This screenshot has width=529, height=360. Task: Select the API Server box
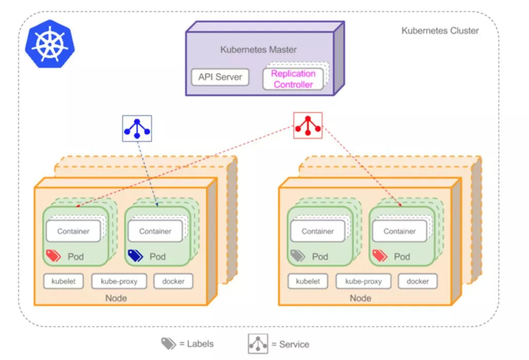[220, 77]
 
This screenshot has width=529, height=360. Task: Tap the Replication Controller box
[293, 79]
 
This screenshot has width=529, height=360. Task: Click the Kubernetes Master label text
[258, 50]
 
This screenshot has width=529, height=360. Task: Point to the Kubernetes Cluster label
[440, 31]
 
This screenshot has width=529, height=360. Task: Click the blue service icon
[137, 128]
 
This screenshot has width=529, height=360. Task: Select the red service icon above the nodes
[307, 125]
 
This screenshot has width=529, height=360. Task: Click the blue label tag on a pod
[135, 256]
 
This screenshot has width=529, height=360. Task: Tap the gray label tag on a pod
[298, 256]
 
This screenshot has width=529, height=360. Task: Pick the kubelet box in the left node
[63, 281]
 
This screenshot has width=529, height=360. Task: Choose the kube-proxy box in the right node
[363, 281]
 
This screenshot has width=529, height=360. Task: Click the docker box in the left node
[173, 281]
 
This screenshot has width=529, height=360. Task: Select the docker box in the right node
[417, 281]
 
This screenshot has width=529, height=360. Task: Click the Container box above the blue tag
[155, 231]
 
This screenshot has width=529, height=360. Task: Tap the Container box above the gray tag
[318, 231]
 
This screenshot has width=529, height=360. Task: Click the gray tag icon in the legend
[169, 344]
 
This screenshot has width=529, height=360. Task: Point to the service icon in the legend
[258, 344]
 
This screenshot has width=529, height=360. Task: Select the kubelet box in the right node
[308, 281]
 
